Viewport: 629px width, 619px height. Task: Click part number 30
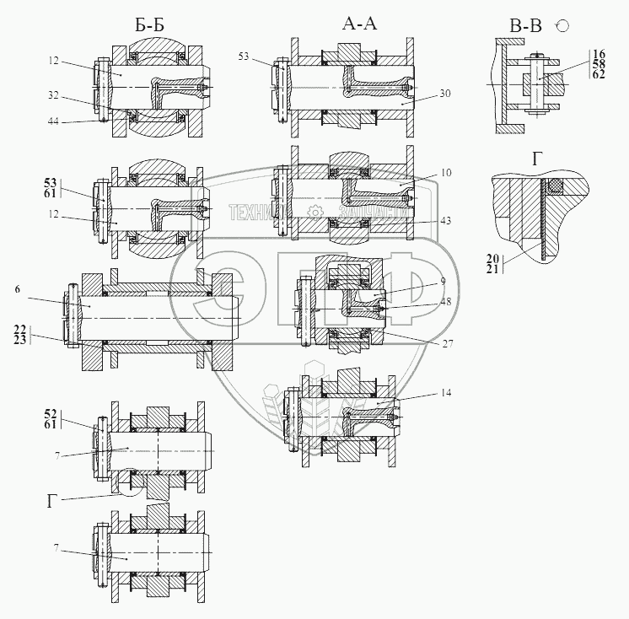click(x=445, y=94)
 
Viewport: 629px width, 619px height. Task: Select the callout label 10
click(x=445, y=173)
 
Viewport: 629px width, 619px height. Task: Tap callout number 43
click(x=445, y=220)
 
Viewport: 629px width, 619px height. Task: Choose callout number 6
click(x=16, y=288)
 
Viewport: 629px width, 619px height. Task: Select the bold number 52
click(x=50, y=413)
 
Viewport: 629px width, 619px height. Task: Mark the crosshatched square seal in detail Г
click(x=553, y=186)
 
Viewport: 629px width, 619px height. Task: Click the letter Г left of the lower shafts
click(x=51, y=501)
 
